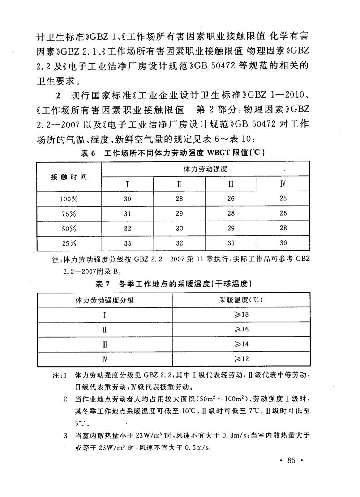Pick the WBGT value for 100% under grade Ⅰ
tap(128, 199)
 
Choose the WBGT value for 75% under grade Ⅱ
tap(179, 213)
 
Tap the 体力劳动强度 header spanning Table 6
tap(205, 170)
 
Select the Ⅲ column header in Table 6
tap(231, 184)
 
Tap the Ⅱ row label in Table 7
tap(104, 330)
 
